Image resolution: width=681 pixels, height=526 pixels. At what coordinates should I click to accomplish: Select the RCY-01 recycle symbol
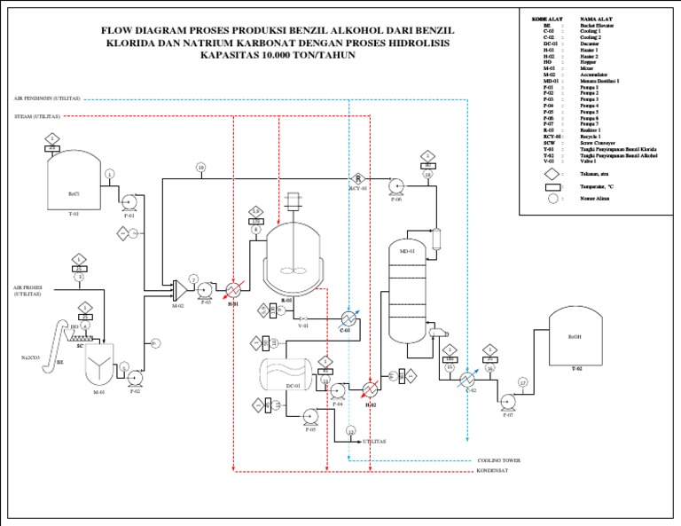coord(359,179)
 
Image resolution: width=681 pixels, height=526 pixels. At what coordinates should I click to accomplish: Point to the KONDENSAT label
coord(495,472)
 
